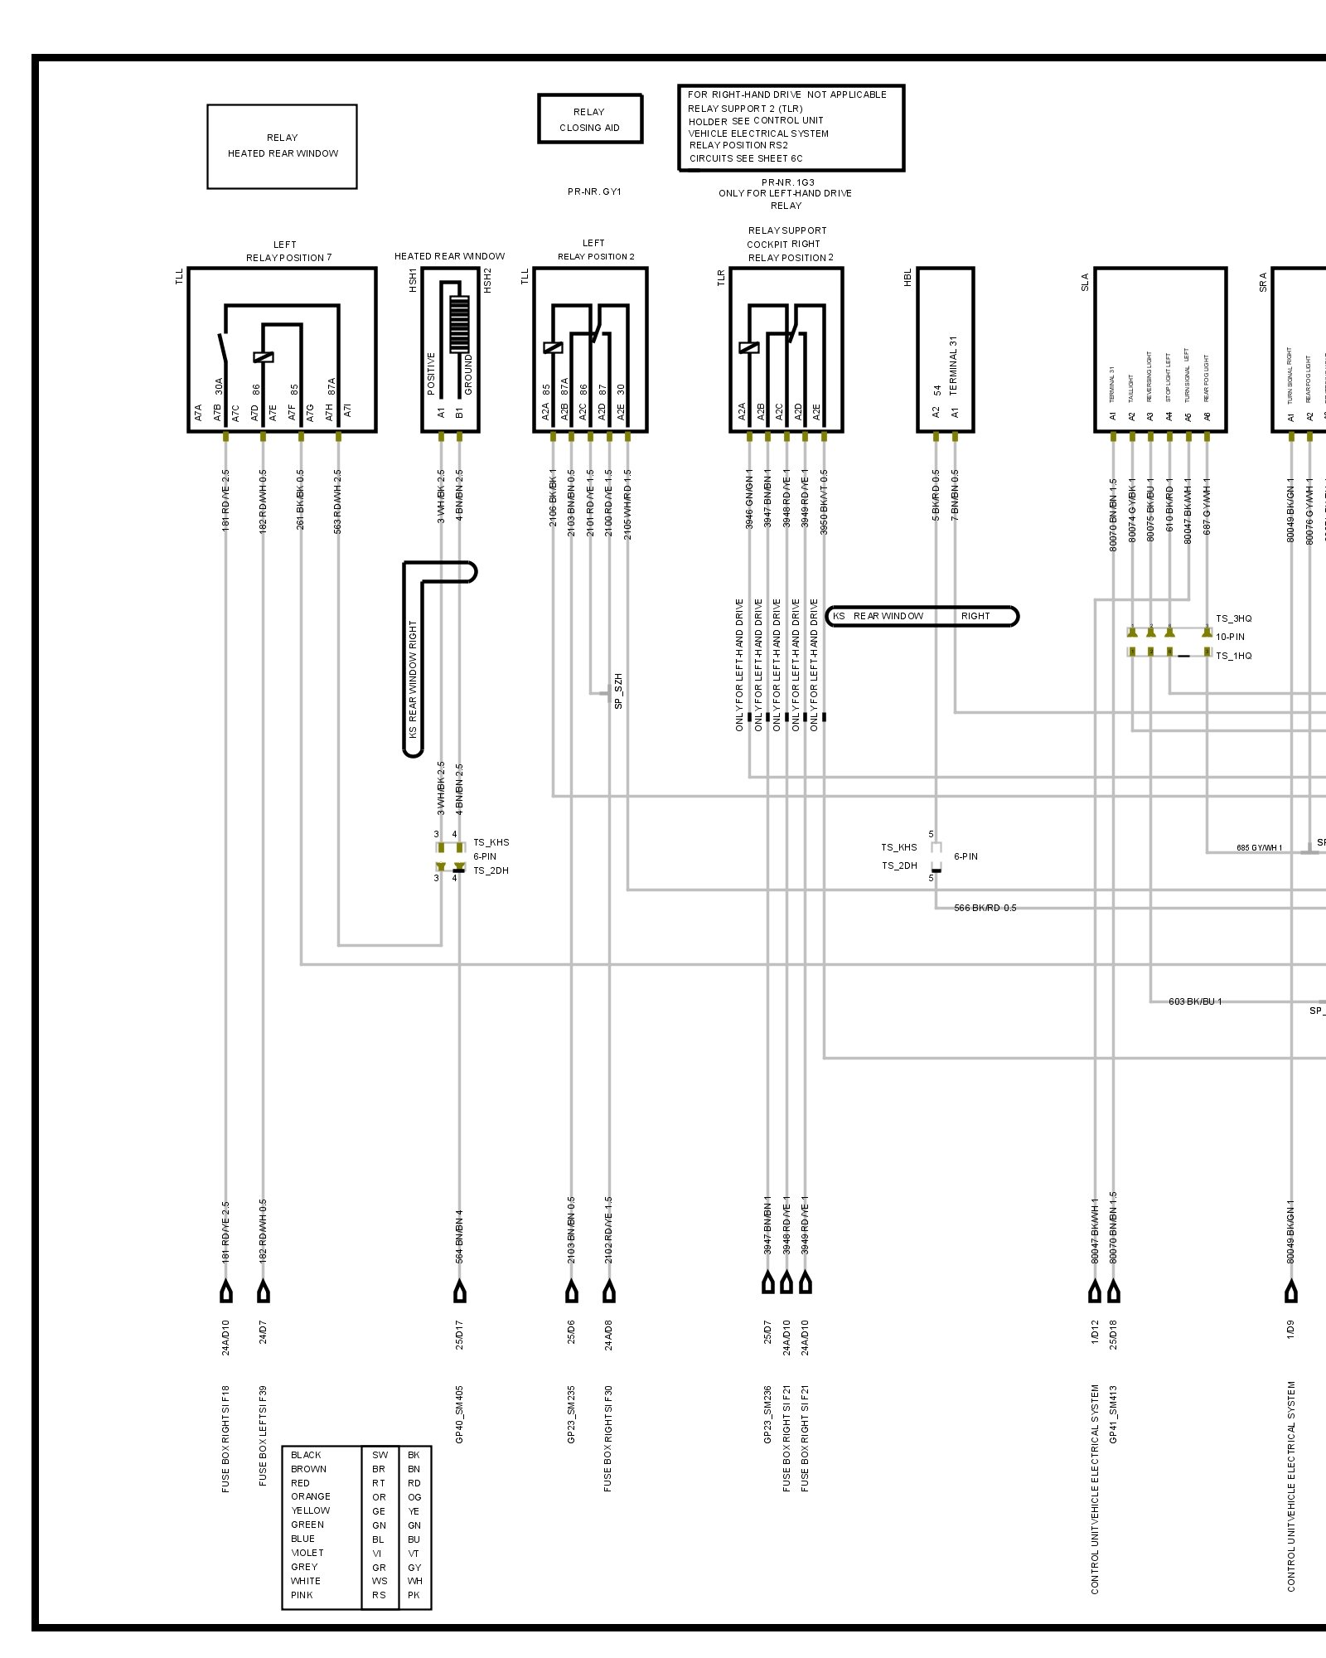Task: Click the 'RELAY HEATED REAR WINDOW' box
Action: coord(282,146)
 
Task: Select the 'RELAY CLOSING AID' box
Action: coord(589,119)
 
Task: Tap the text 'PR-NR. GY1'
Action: coord(594,191)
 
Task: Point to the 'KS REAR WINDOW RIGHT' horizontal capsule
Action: coord(922,616)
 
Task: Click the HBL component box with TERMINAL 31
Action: coord(945,349)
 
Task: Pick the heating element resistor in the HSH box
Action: coord(458,324)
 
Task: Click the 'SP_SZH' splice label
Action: coord(618,691)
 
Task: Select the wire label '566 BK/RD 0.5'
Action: coord(985,908)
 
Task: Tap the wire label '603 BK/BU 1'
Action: coord(1195,1001)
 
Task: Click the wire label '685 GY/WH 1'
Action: coord(1259,847)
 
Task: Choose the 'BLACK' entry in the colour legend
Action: coord(306,1455)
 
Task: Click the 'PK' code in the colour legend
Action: coord(414,1595)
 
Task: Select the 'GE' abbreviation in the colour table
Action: coord(379,1511)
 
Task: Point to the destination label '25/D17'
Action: coord(459,1335)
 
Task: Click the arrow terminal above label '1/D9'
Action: coord(1290,1292)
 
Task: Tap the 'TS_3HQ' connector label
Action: coord(1233,618)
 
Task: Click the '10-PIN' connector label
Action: coord(1230,637)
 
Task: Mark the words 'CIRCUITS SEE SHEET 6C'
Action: coord(746,158)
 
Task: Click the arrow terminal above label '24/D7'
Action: coord(264,1292)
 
